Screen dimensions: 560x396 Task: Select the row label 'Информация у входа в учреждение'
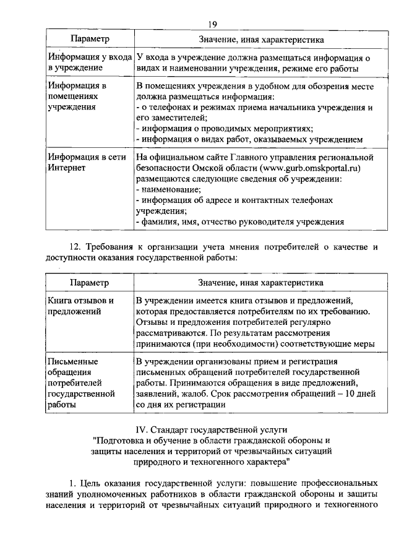pyautogui.click(x=90, y=62)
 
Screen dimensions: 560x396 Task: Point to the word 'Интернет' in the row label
pyautogui.click(x=66, y=167)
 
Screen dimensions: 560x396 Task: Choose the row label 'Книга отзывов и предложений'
pyautogui.click(x=80, y=306)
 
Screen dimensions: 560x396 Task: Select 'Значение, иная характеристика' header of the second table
pyautogui.click(x=260, y=283)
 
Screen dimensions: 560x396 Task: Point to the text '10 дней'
pyautogui.click(x=355, y=394)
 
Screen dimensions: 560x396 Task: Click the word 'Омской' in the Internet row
pyautogui.click(x=220, y=167)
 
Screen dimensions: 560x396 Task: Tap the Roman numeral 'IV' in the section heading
pyautogui.click(x=142, y=428)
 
